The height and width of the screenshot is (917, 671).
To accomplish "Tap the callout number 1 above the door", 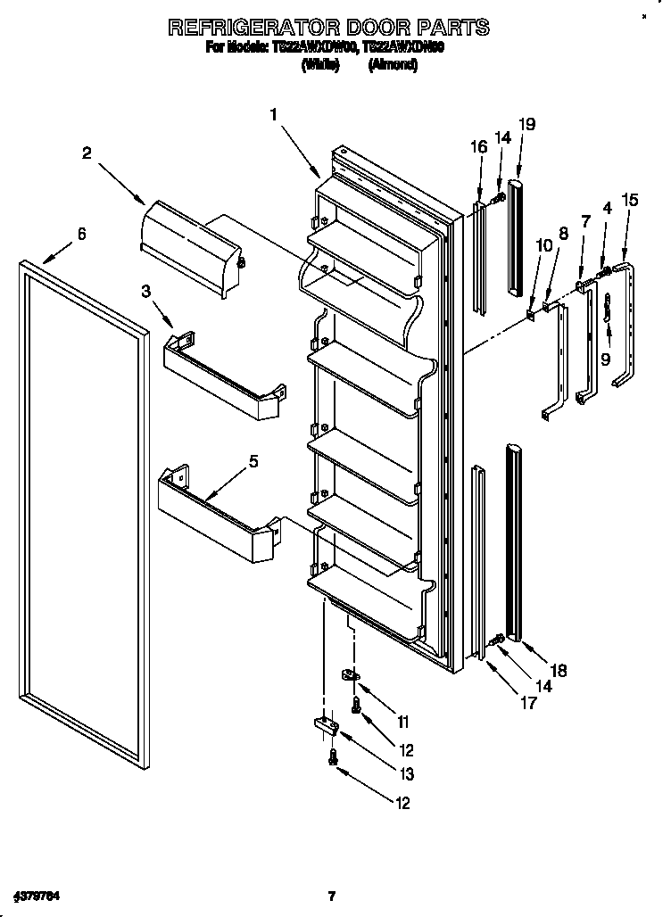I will [x=274, y=114].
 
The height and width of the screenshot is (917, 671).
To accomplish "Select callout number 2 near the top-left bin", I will [x=87, y=153].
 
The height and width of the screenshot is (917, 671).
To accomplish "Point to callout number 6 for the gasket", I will [x=81, y=234].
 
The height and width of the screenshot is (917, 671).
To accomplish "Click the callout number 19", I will [x=527, y=124].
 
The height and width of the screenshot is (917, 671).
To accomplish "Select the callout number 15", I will [x=630, y=201].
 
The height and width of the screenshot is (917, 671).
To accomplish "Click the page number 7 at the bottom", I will [x=331, y=896].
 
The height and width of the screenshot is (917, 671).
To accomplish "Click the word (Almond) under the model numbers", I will [x=393, y=65].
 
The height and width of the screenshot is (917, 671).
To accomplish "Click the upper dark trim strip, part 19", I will [x=515, y=236].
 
